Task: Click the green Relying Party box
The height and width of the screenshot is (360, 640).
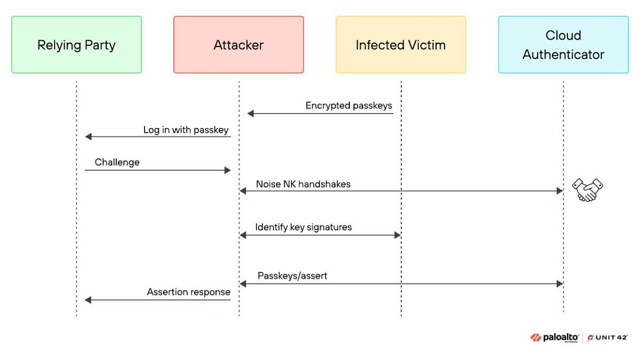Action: coord(76,45)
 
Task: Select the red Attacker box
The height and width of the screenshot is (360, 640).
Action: coord(238,45)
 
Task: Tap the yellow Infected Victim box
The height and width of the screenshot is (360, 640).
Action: coord(401,45)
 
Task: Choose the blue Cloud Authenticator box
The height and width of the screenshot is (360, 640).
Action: coord(563,45)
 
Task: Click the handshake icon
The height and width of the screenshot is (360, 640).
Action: coord(587,190)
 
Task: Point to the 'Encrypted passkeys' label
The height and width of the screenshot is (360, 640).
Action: coord(349,106)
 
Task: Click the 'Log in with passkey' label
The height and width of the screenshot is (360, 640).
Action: coord(186,130)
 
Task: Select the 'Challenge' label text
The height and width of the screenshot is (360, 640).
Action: coord(117,162)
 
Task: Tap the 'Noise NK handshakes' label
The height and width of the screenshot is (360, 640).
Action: coord(303,185)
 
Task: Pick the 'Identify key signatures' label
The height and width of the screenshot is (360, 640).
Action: coord(303,227)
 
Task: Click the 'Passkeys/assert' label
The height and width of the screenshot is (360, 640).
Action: coord(292,276)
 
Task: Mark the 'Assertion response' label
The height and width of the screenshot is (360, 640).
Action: coord(189,292)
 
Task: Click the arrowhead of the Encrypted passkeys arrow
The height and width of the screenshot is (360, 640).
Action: coord(251,114)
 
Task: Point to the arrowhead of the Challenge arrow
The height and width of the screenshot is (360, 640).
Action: coord(227,171)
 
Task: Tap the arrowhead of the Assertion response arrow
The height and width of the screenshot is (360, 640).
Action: coord(88,300)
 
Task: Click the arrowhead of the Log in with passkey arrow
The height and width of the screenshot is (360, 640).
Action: coord(89,137)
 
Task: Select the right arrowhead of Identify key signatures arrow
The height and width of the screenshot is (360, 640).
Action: coord(397,235)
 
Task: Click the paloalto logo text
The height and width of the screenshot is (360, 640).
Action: coord(561,338)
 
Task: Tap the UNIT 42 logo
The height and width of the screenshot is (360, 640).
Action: coord(607,338)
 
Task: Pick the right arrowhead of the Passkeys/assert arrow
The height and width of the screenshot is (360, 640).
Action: coord(559,284)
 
